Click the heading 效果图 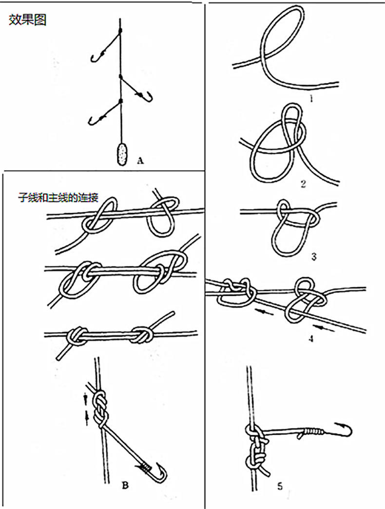click(28, 20)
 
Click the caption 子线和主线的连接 click(58, 197)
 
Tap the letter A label click(140, 161)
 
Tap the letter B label click(125, 485)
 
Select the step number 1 click(311, 99)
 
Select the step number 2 click(303, 184)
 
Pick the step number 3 click(314, 257)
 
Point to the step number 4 click(311, 339)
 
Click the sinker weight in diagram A click(122, 154)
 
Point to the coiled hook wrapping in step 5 click(314, 431)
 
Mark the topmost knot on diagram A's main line click(120, 31)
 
